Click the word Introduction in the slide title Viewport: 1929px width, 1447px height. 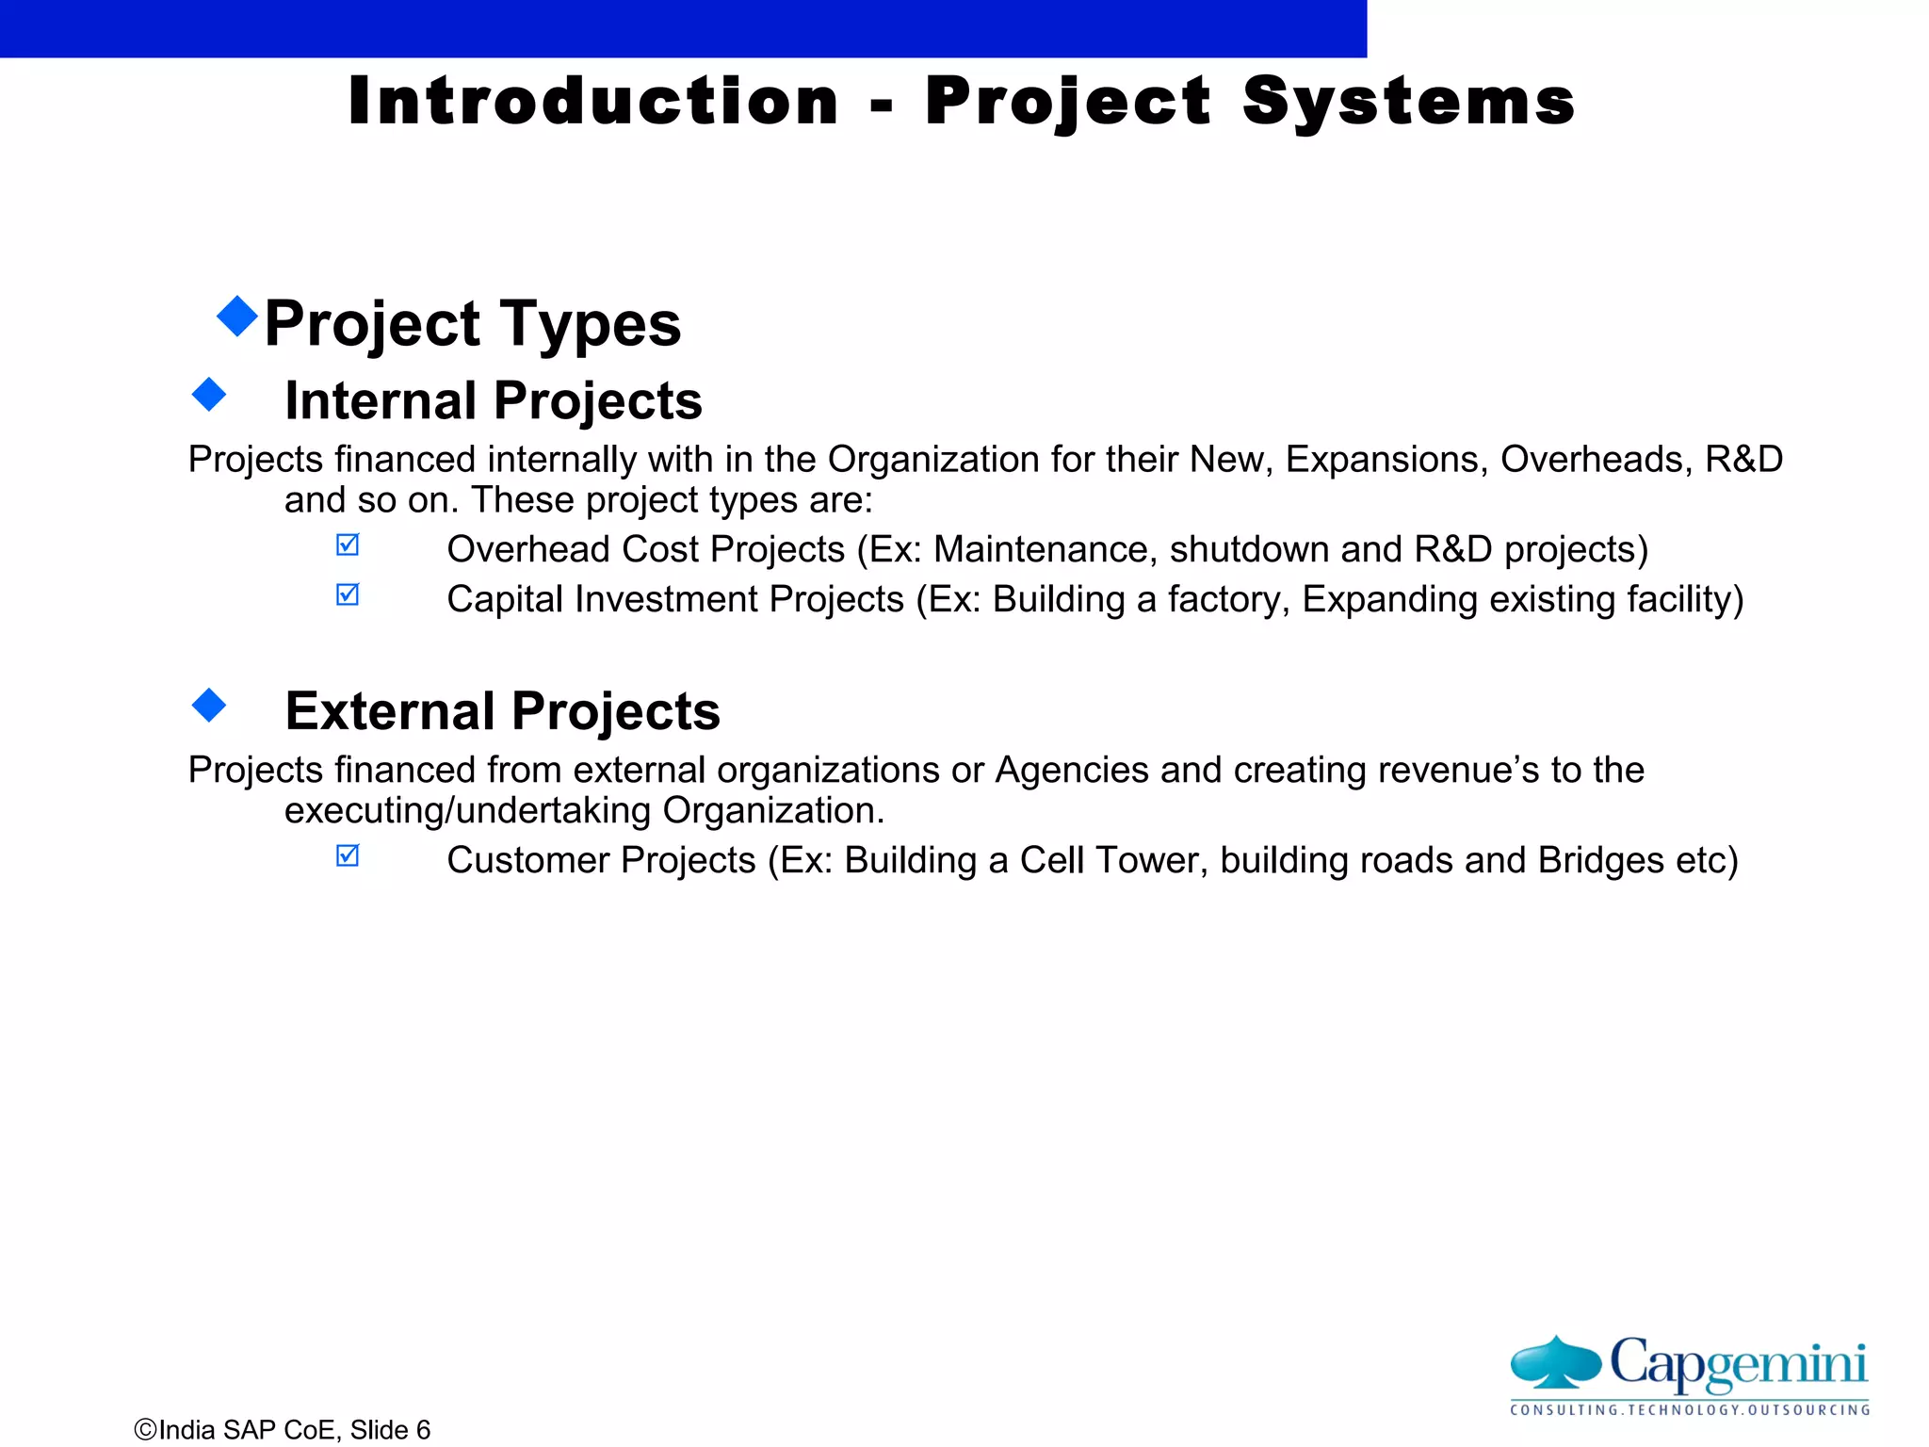pos(592,101)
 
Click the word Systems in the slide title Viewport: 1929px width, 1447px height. pos(1408,101)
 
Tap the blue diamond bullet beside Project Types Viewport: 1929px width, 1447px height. pos(237,317)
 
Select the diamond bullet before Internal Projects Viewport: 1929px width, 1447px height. pos(209,395)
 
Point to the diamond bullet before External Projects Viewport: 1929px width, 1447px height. pos(209,705)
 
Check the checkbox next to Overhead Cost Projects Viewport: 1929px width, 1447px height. pos(348,545)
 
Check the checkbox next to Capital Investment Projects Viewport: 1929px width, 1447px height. pos(348,595)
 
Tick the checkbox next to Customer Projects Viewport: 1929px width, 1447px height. pos(348,856)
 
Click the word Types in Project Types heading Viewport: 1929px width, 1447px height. pos(590,325)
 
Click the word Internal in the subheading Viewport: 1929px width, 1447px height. pos(381,400)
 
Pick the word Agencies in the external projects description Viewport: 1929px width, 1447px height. pos(1072,771)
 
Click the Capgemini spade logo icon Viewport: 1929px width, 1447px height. pos(1556,1362)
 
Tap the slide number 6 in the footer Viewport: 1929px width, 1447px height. pos(423,1430)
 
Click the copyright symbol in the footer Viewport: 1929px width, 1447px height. pos(145,1430)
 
